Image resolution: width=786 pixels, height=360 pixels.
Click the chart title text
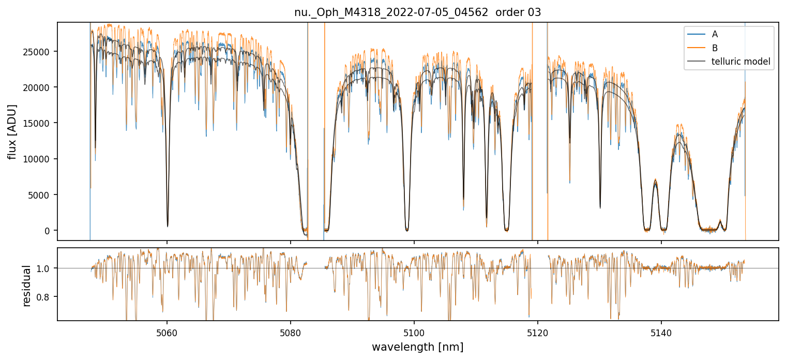[417, 12]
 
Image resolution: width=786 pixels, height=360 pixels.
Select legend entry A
[715, 34]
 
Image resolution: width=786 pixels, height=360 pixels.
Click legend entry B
[715, 48]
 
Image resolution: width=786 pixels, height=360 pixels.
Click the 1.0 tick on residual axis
[46, 268]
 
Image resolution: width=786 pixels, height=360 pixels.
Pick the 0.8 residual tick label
[46, 297]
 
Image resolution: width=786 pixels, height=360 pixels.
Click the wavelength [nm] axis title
[417, 347]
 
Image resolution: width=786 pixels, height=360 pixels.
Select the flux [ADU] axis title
[11, 131]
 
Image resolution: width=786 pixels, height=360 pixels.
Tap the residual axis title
[27, 284]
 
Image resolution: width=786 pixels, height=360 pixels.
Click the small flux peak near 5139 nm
[655, 182]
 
